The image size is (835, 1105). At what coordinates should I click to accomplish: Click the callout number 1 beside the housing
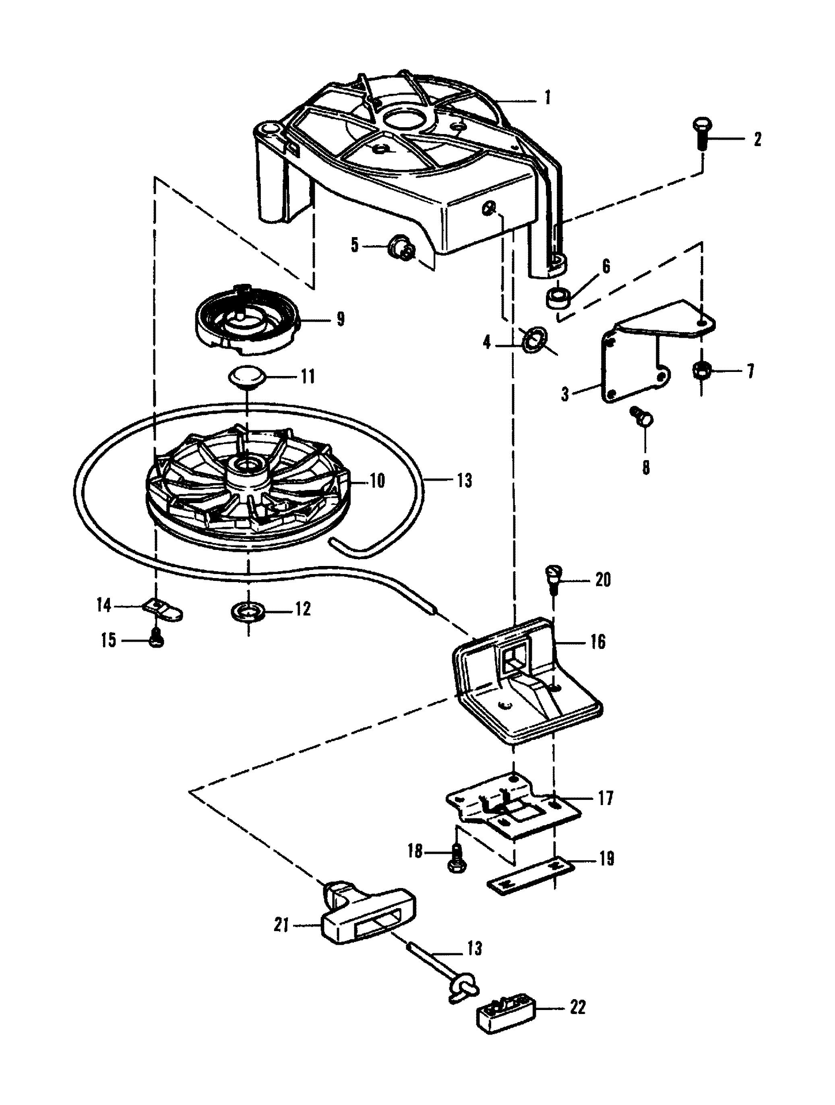click(x=548, y=97)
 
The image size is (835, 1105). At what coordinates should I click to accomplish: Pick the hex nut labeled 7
click(x=701, y=371)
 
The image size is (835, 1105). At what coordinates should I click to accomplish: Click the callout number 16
click(x=597, y=641)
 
